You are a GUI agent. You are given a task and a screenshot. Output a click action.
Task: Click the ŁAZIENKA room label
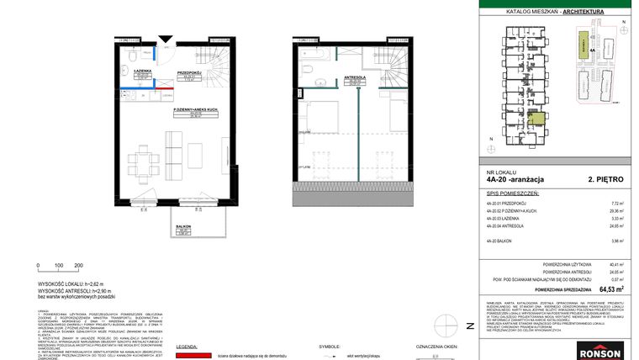[140, 71]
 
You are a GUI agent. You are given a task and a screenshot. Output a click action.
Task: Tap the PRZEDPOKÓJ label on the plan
[187, 73]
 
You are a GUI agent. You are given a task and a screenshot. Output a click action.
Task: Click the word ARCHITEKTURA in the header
[594, 12]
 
